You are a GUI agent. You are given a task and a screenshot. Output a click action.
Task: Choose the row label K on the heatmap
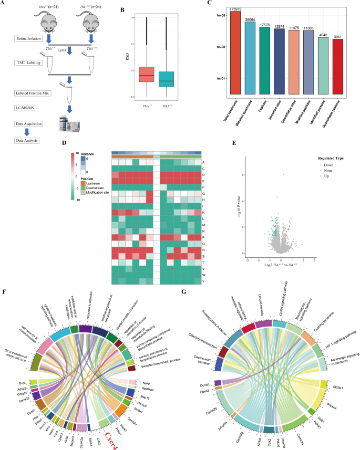pyautogui.click(x=203, y=212)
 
